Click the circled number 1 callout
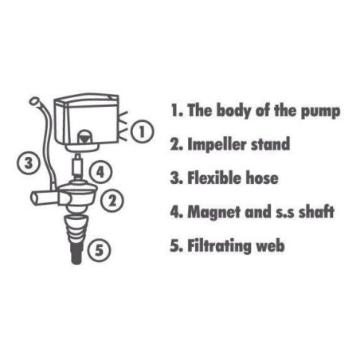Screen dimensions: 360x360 coord(142,132)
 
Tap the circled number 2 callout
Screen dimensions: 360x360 coord(112,200)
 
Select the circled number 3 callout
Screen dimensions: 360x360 coord(29,162)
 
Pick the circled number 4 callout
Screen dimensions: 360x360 coord(100,172)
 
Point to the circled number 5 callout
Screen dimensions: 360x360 coord(99,250)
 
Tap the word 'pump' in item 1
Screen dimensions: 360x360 coord(320,112)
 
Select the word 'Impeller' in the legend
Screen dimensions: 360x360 coord(217,145)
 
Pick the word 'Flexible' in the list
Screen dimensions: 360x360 coord(214,178)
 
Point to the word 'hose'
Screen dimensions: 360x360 coord(262,178)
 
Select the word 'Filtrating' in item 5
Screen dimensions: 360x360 coord(219,246)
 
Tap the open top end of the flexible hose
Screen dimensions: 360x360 coord(34,101)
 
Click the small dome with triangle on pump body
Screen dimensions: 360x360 coord(84,137)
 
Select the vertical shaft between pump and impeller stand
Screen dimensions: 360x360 coord(77,166)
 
